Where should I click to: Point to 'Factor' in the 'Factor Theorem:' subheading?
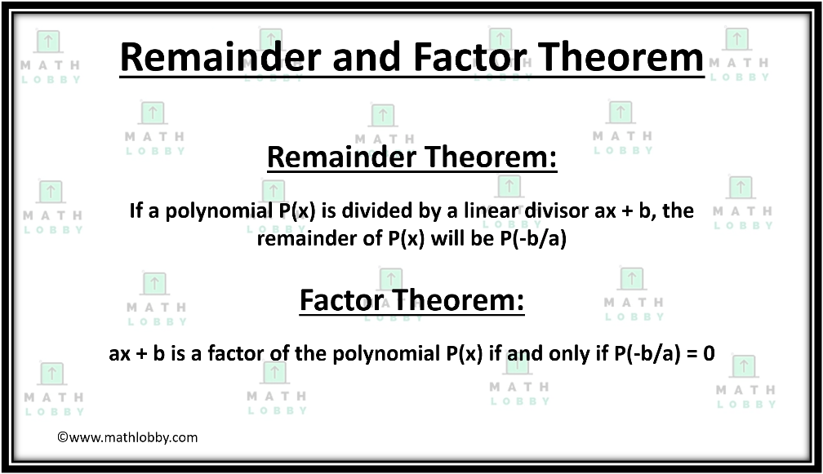(x=341, y=300)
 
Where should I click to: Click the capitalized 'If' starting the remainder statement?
(x=136, y=210)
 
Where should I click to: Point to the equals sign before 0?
(x=692, y=354)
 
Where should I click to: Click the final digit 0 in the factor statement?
(x=709, y=353)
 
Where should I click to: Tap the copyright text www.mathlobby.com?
(x=127, y=437)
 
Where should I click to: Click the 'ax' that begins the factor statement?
(x=120, y=354)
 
